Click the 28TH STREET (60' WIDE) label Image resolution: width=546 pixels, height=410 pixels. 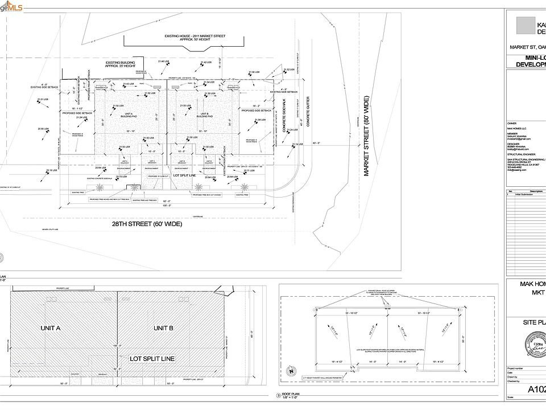pos(147,224)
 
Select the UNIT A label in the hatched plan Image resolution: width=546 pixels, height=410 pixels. pos(50,328)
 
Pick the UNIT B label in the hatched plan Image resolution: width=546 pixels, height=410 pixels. pos(163,328)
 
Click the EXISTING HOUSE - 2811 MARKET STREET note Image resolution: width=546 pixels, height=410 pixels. pos(195,38)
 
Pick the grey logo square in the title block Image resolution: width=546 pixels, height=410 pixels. pos(526,25)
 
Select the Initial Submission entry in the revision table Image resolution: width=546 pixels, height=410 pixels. pos(526,195)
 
